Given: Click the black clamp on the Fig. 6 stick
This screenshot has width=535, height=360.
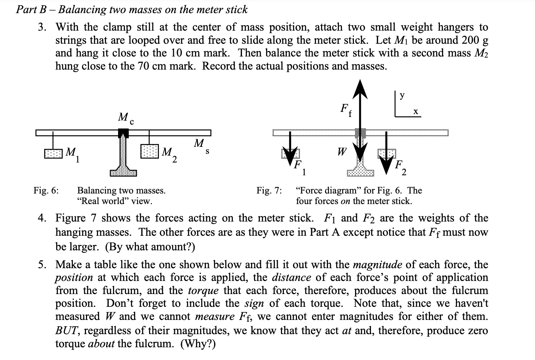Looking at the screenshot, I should [124, 133].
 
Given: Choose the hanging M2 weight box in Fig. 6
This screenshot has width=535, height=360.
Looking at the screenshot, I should [150, 151].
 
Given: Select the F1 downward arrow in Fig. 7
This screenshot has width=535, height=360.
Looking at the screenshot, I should [290, 148].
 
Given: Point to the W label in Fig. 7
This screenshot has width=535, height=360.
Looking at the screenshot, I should [341, 151].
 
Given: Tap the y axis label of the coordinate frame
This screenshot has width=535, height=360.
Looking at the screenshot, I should [402, 96].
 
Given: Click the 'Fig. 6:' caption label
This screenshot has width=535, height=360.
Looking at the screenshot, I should [46, 190].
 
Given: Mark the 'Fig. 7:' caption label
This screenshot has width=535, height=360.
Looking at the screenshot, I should [269, 190].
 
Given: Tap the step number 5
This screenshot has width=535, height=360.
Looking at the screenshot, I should [43, 264].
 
